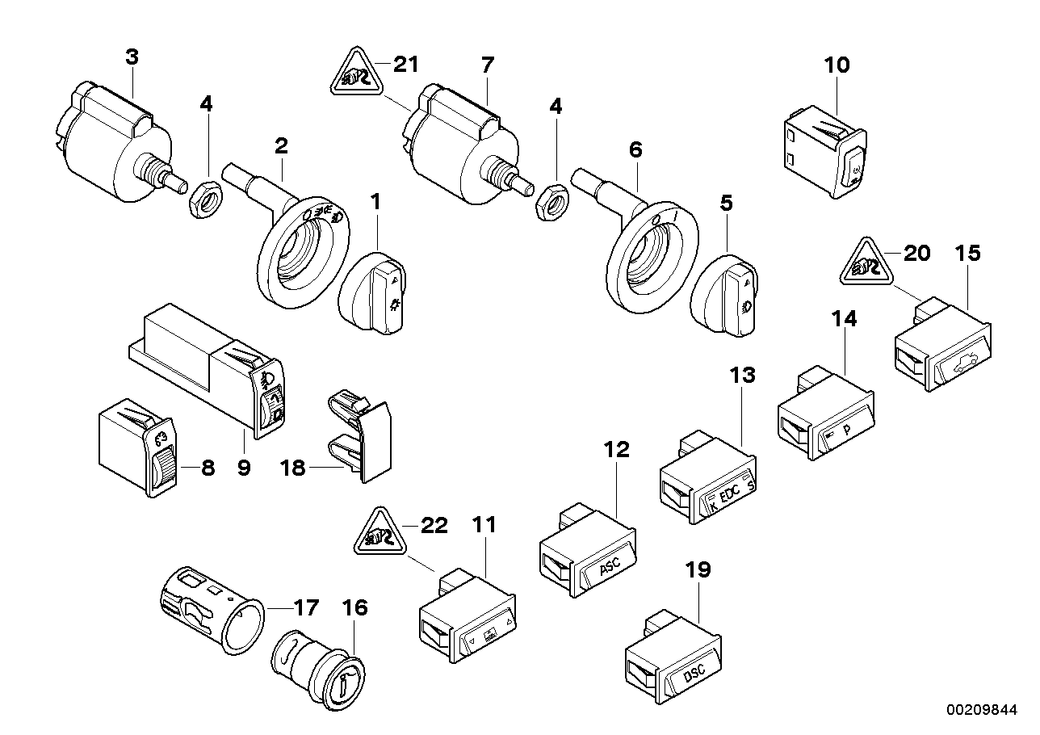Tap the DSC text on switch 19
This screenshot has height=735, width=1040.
[x=694, y=672]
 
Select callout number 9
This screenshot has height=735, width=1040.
[x=244, y=466]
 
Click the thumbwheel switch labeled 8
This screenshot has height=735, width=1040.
[x=136, y=444]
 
